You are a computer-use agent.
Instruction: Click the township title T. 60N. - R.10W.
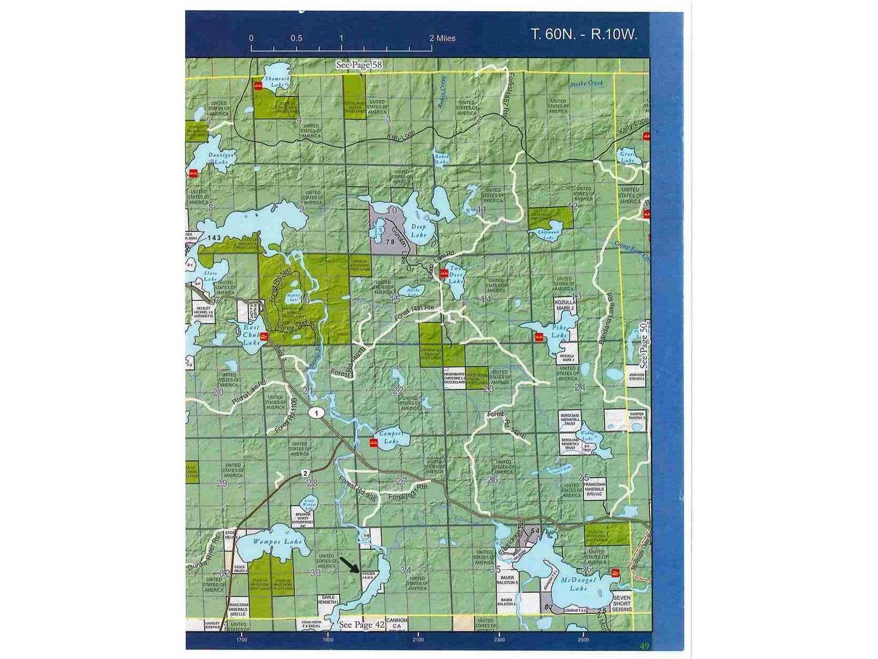[584, 34]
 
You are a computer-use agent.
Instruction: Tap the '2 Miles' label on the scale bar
[442, 38]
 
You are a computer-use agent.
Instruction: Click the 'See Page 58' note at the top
[359, 65]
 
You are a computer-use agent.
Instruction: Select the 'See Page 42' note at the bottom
[362, 625]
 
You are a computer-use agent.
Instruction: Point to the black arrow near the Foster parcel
[349, 565]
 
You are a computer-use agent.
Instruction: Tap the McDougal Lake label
[578, 584]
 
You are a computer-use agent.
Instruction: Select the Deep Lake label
[418, 230]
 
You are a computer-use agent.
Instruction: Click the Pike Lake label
[559, 332]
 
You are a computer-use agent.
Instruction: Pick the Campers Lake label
[391, 437]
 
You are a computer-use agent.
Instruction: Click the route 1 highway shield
[317, 413]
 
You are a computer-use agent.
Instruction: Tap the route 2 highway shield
[305, 473]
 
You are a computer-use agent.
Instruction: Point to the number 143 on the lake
[214, 238]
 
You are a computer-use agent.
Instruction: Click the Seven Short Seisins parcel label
[621, 603]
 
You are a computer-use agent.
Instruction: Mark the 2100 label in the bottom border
[418, 639]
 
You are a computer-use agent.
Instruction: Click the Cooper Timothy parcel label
[636, 416]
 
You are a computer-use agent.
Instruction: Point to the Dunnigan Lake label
[217, 158]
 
